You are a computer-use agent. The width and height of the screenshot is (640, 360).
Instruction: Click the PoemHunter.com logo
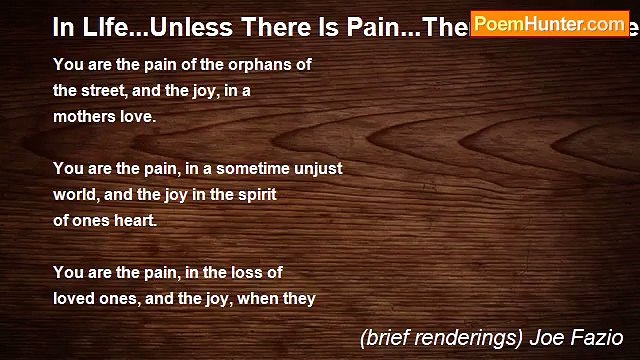pyautogui.click(x=550, y=23)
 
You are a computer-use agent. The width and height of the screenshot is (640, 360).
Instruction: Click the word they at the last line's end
pyautogui.click(x=299, y=298)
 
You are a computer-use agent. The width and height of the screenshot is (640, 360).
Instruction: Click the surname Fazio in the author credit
pyautogui.click(x=597, y=337)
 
